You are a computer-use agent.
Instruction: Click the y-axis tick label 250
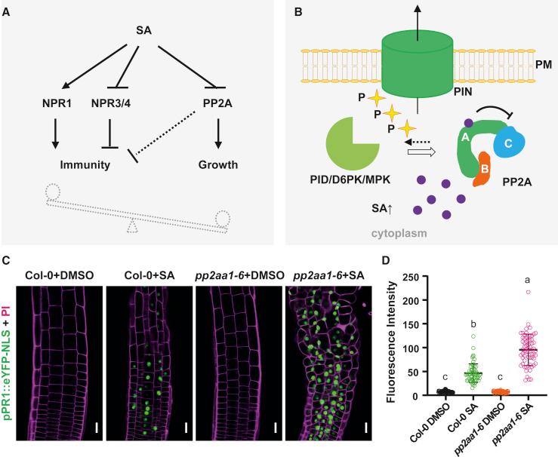430,279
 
